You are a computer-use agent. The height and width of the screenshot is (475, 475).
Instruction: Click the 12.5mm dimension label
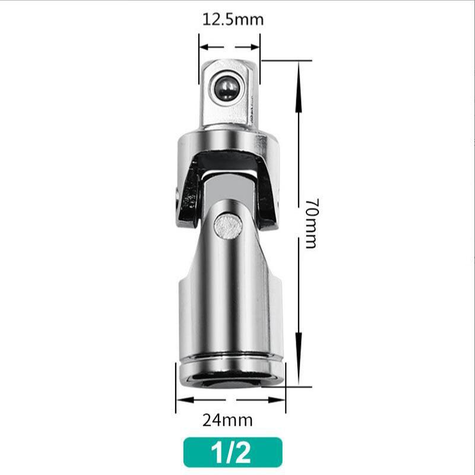(x=233, y=19)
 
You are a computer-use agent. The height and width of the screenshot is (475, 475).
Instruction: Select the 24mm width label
(x=227, y=420)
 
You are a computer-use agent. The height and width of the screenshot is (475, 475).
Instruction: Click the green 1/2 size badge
(x=232, y=452)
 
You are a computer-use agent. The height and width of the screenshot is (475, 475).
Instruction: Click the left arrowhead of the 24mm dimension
(x=181, y=399)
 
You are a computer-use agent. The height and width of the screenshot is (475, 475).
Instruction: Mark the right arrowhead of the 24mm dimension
(x=280, y=399)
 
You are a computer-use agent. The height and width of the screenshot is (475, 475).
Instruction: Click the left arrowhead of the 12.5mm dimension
(x=204, y=46)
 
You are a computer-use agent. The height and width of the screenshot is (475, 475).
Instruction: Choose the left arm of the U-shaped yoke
(x=190, y=190)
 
